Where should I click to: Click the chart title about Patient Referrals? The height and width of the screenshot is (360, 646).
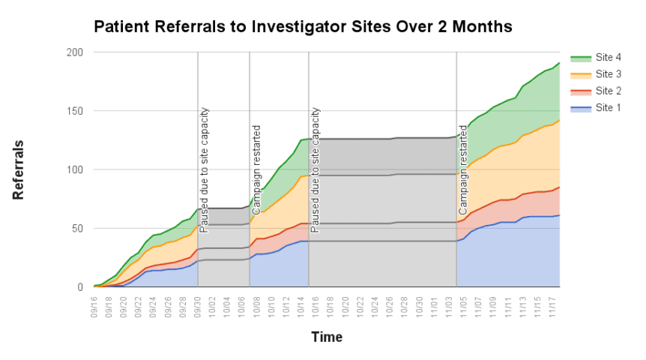(302, 27)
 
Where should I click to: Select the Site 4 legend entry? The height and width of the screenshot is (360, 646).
(607, 58)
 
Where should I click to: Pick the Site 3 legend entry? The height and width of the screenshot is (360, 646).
(607, 74)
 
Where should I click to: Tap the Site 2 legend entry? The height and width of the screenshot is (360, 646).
(607, 91)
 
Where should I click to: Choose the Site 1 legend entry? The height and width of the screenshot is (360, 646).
(607, 107)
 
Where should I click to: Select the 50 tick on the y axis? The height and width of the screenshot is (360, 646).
(76, 228)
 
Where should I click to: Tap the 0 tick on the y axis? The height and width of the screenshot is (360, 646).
(79, 286)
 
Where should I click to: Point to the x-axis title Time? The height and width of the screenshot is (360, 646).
(327, 337)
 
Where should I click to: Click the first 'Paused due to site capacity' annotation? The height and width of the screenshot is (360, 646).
(204, 169)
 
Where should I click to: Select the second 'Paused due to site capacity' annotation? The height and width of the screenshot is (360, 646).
(316, 169)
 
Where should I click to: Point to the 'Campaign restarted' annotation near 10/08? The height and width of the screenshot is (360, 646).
(256, 169)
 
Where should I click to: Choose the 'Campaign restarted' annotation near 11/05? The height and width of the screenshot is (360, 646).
(462, 169)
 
